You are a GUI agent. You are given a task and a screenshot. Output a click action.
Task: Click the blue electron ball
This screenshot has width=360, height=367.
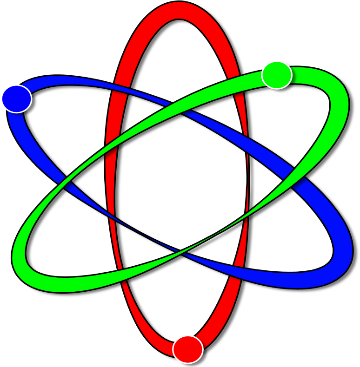click(x=16, y=98)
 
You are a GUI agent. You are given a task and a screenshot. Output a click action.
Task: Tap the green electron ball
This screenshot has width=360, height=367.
click(x=277, y=75)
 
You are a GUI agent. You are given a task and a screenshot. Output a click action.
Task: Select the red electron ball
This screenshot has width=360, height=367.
click(x=188, y=349)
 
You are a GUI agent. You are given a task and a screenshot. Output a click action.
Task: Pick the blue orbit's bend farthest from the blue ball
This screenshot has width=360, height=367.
click(x=342, y=260)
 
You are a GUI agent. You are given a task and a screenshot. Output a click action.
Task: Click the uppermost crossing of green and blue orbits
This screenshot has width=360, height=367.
click(x=179, y=108)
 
